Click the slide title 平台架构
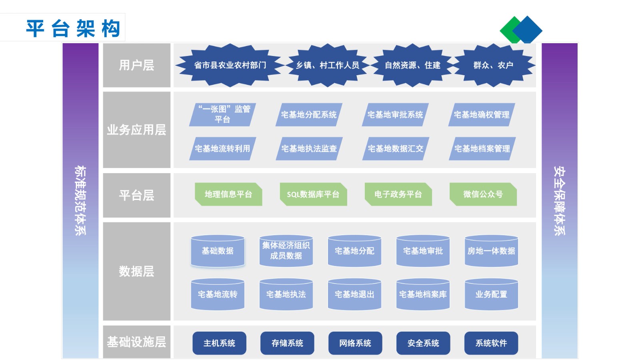pyautogui.click(x=73, y=28)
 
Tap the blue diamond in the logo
pyautogui.click(x=528, y=30)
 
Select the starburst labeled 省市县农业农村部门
pyautogui.click(x=230, y=65)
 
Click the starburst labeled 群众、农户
pyautogui.click(x=494, y=65)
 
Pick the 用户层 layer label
pyautogui.click(x=136, y=65)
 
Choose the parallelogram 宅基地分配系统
pyautogui.click(x=309, y=114)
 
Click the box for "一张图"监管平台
pyautogui.click(x=222, y=114)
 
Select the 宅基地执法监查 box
pyautogui.click(x=309, y=148)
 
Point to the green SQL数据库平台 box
pyautogui.click(x=314, y=194)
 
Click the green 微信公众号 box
pyautogui.click(x=483, y=194)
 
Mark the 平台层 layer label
pyautogui.click(x=136, y=196)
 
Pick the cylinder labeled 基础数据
pyautogui.click(x=218, y=251)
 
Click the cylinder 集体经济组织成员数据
pyautogui.click(x=286, y=251)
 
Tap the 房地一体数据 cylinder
pyautogui.click(x=492, y=251)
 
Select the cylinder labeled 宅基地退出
pyautogui.click(x=354, y=294)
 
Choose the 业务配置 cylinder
pyautogui.click(x=492, y=294)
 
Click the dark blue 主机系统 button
pyautogui.click(x=220, y=343)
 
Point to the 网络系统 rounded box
pyautogui.click(x=355, y=343)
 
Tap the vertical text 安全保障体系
pyautogui.click(x=560, y=200)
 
